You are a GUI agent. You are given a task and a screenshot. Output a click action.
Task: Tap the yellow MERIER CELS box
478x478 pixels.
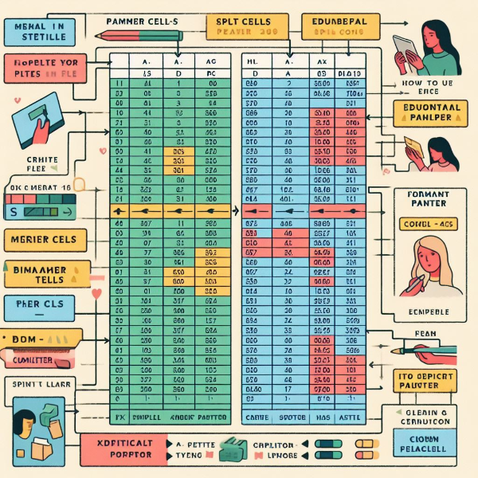click(40, 240)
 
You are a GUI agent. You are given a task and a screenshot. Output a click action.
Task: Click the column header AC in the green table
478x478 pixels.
click(210, 61)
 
